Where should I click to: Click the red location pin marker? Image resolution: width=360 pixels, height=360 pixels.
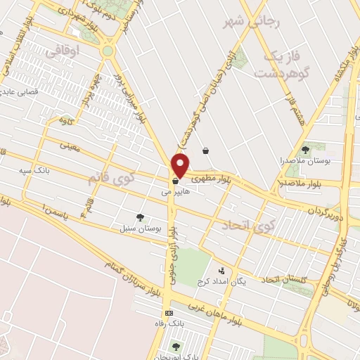(x=181, y=164)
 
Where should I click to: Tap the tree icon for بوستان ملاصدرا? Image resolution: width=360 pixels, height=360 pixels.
(x=305, y=150)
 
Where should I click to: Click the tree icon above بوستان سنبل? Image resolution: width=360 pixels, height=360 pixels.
(x=141, y=217)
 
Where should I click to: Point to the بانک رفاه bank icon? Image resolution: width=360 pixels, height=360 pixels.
(x=169, y=313)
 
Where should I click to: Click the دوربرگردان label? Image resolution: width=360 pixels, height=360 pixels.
(x=326, y=210)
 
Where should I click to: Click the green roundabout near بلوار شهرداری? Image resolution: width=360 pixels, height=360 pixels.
(x=108, y=51)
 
